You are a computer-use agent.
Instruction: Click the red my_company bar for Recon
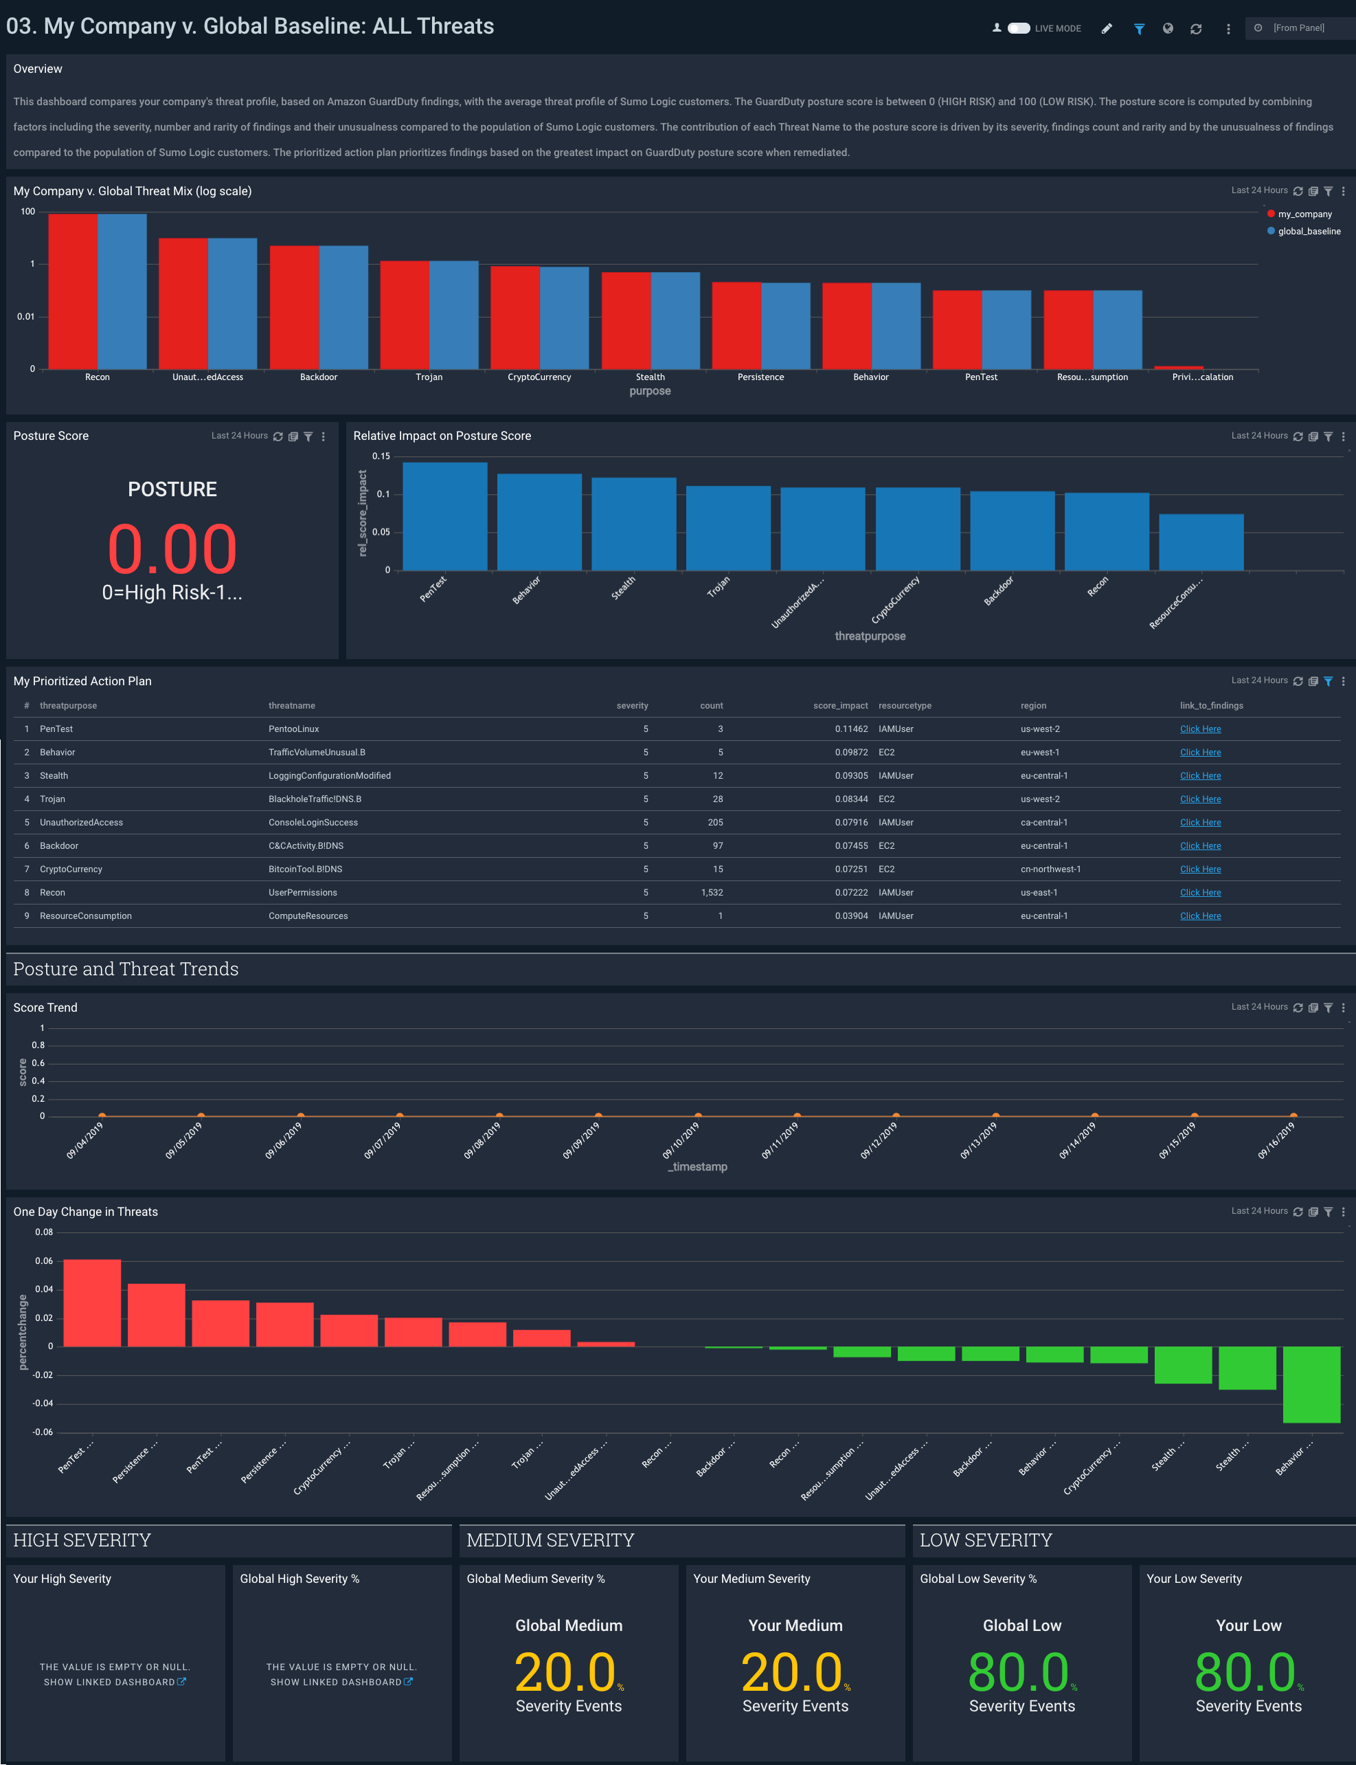tap(73, 291)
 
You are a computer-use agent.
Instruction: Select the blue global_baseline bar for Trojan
tap(453, 315)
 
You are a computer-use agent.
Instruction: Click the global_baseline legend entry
tap(1308, 231)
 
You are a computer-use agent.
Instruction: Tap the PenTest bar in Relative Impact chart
tap(444, 517)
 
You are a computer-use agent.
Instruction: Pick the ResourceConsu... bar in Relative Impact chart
tap(1201, 542)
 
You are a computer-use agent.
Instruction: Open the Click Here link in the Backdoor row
tap(1200, 845)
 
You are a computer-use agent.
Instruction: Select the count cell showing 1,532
tap(711, 892)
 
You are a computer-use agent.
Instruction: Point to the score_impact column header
tap(840, 706)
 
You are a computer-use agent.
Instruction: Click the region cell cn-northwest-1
tap(1050, 869)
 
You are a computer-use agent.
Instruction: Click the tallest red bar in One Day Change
tap(92, 1302)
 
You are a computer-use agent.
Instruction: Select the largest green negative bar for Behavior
tap(1311, 1384)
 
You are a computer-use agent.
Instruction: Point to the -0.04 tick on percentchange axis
tap(43, 1403)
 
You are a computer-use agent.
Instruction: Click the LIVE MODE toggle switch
tap(1019, 28)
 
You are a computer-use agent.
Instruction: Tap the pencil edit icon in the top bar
tap(1107, 28)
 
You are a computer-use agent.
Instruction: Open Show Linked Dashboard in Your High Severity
tap(114, 1682)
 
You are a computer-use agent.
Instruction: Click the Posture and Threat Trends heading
tap(126, 969)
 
